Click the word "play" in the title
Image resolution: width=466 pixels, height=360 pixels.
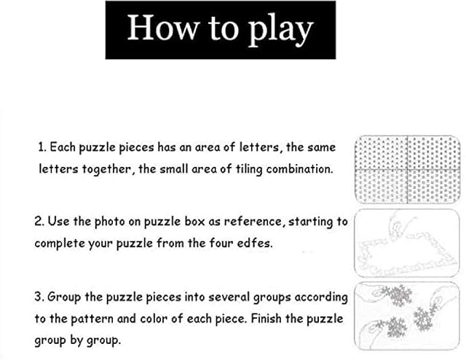280,30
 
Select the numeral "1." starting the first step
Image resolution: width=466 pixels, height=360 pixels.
42,147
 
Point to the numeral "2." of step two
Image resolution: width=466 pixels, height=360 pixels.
39,222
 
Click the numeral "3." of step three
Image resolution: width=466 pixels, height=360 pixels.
39,297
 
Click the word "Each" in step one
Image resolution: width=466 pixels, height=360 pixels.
63,147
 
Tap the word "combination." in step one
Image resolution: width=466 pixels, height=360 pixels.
299,169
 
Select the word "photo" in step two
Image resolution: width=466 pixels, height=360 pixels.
109,222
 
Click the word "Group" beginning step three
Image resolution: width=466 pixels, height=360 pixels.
64,297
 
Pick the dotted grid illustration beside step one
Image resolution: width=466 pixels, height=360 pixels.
408,170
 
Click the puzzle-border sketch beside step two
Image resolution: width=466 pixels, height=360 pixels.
407,243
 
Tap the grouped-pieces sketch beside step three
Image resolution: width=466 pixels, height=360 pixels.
407,316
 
